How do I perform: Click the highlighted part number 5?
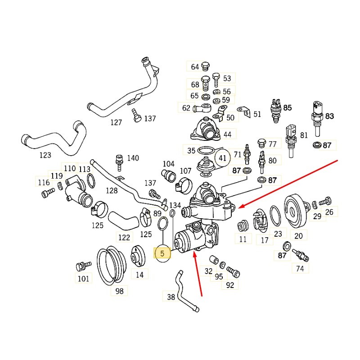pyautogui.click(x=162, y=254)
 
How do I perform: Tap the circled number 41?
pyautogui.click(x=222, y=158)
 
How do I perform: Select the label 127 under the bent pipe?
pyautogui.click(x=116, y=122)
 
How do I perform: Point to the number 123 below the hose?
pyautogui.click(x=45, y=155)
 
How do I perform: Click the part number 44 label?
pyautogui.click(x=227, y=135)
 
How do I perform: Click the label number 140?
pyautogui.click(x=133, y=158)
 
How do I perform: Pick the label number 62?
pyautogui.click(x=186, y=108)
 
